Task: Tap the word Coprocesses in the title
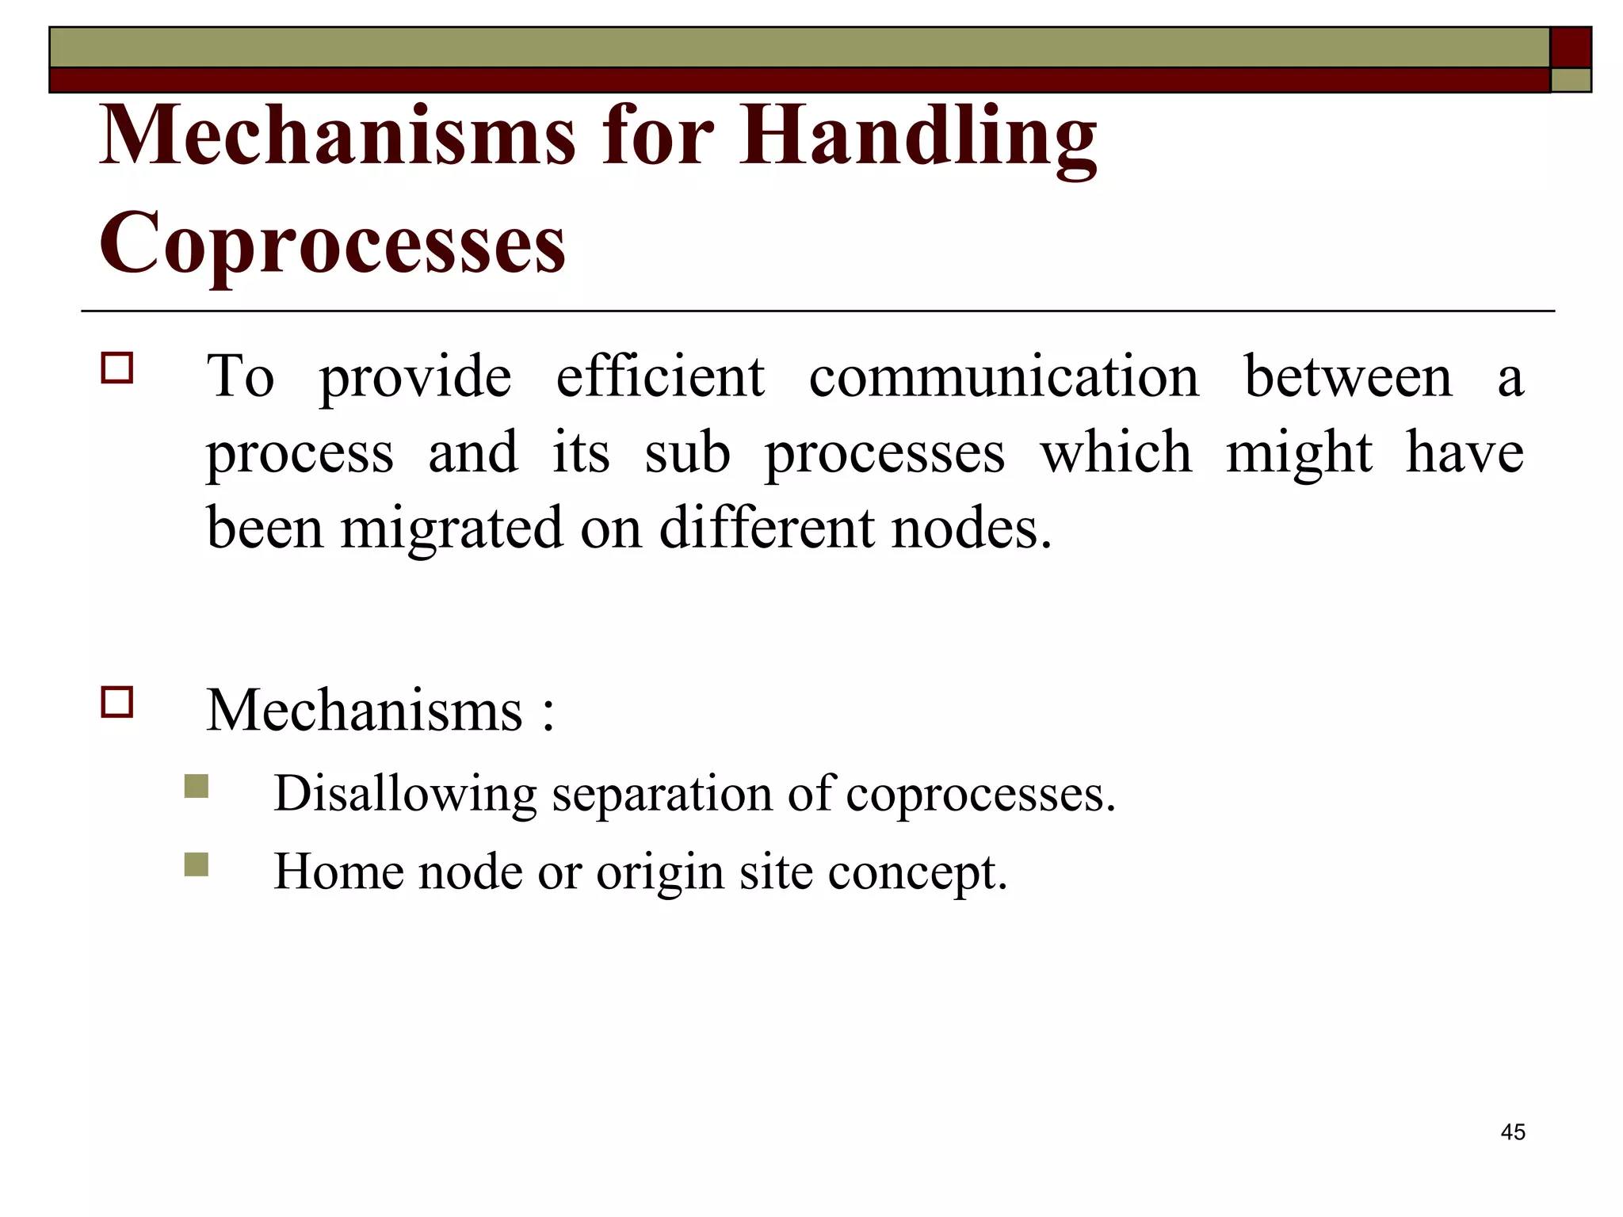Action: (x=332, y=242)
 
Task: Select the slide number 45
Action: (x=1512, y=1132)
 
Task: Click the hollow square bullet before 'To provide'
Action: (x=116, y=368)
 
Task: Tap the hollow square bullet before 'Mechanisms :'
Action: (x=116, y=702)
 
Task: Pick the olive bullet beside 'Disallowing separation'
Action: (x=196, y=786)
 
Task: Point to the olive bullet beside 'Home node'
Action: (x=196, y=864)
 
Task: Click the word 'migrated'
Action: (x=451, y=528)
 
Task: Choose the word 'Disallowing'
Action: (x=405, y=794)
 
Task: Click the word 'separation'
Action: (x=662, y=794)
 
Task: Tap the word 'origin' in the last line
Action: (x=659, y=873)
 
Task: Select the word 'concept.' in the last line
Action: (x=917, y=873)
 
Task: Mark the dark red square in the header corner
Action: (x=1570, y=47)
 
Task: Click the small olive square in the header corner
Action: (x=1570, y=80)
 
